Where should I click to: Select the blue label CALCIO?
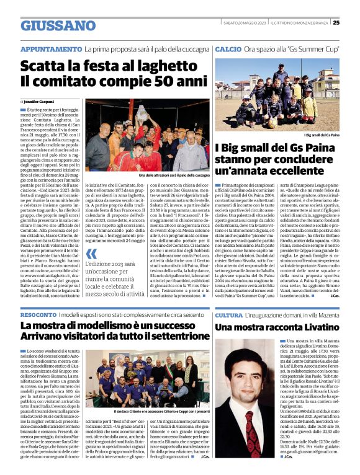tap(228, 48)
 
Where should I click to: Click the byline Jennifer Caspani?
tap(40, 101)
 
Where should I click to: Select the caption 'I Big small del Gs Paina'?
tap(323, 135)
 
